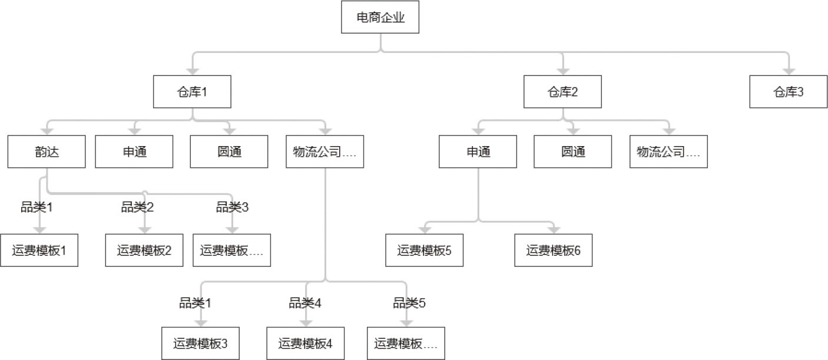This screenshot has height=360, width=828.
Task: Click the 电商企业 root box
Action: click(380, 18)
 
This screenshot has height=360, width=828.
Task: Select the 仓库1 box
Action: click(192, 92)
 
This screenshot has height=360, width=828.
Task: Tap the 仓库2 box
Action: click(562, 92)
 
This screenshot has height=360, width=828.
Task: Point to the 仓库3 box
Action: click(788, 92)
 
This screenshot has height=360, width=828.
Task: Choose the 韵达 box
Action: click(47, 151)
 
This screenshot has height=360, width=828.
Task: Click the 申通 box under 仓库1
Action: click(134, 151)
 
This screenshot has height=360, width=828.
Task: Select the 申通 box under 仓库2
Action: click(478, 151)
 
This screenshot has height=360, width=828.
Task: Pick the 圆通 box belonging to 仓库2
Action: click(573, 151)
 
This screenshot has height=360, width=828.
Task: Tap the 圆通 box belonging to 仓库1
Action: click(228, 151)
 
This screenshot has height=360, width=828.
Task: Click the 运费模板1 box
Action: click(39, 250)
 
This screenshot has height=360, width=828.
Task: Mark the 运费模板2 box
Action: click(144, 250)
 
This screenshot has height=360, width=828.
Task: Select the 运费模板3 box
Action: click(201, 344)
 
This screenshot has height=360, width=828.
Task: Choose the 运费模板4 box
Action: click(306, 344)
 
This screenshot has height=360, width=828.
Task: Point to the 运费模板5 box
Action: click(425, 250)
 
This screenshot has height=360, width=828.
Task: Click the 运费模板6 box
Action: click(553, 250)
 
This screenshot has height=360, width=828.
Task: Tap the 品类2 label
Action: click(137, 207)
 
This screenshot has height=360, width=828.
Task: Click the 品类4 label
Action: click(304, 303)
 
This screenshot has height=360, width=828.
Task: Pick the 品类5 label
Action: click(409, 303)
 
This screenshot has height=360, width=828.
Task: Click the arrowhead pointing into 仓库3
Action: click(788, 70)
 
